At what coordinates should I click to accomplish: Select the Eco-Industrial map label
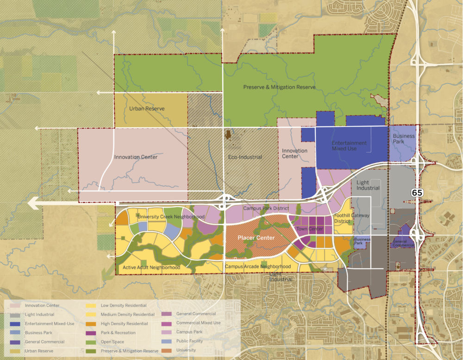point(245,157)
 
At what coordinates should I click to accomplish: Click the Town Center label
point(309,229)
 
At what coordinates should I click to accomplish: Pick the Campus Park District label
point(266,208)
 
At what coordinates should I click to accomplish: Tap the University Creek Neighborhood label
point(171,217)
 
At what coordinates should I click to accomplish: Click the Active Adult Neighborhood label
point(151,268)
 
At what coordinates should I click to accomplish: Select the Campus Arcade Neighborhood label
point(258,266)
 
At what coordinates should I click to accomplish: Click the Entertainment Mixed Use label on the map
point(349,145)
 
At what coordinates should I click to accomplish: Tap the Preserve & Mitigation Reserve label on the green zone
point(279,87)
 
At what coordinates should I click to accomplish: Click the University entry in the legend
point(187,350)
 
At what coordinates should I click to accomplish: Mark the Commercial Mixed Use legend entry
point(198,323)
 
